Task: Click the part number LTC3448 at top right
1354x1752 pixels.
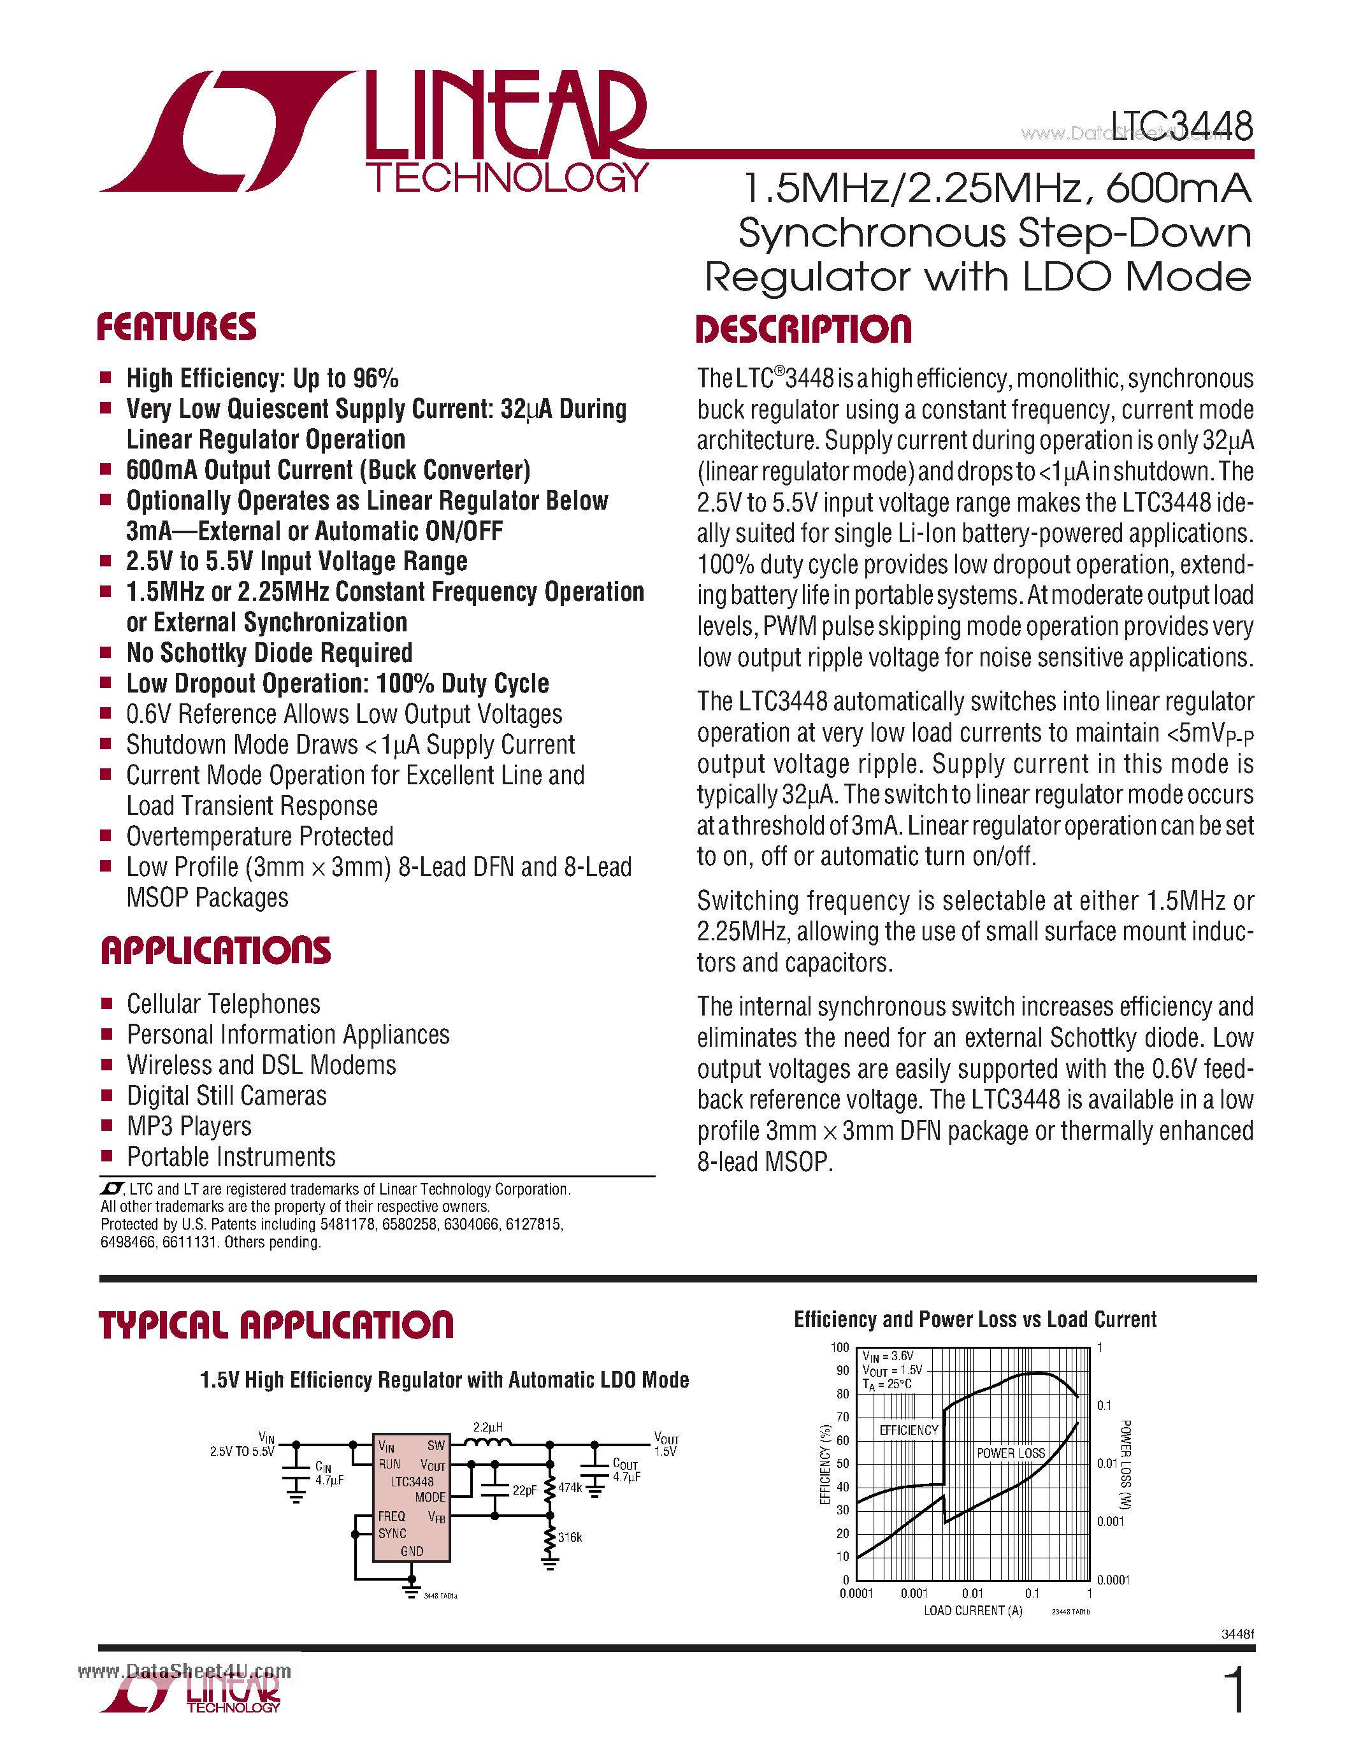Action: point(1181,127)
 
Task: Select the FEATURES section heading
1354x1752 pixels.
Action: point(176,327)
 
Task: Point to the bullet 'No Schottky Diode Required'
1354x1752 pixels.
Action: point(270,653)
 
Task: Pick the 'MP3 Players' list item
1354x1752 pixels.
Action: point(189,1126)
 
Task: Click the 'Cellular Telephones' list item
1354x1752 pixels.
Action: point(223,1004)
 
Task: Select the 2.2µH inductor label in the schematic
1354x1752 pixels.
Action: point(487,1427)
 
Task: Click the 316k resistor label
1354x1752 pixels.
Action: point(570,1537)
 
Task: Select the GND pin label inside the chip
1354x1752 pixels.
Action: point(412,1551)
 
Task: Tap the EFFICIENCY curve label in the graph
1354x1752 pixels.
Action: point(908,1430)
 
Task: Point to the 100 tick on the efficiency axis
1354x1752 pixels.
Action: point(839,1347)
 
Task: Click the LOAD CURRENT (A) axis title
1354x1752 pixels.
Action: point(972,1611)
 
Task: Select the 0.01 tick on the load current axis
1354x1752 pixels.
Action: point(972,1593)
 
